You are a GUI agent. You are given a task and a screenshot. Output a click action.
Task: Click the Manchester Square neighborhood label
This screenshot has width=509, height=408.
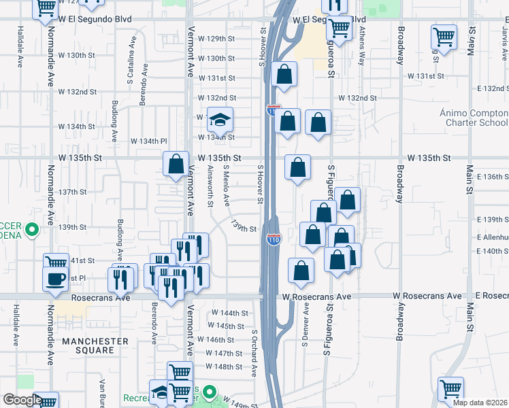[x=95, y=345]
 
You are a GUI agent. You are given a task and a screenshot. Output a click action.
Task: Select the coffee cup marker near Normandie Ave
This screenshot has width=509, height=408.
[x=55, y=277]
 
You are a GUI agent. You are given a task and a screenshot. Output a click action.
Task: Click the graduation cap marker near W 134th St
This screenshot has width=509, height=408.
[x=220, y=120]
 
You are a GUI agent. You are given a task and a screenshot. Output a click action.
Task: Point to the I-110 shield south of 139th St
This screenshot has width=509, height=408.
[x=273, y=239]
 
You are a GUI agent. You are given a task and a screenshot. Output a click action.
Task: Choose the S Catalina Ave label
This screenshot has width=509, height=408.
[x=129, y=65]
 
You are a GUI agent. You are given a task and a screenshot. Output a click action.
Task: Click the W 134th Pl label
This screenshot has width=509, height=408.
[x=149, y=141]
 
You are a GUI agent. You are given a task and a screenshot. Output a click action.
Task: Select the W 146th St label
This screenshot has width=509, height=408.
[x=216, y=339]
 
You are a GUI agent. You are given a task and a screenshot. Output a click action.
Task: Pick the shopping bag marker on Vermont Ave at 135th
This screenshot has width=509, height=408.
[x=176, y=164]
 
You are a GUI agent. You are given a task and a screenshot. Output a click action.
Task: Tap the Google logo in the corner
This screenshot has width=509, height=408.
[x=22, y=400]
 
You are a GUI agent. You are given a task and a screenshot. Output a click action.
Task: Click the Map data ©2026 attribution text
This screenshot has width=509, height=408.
[x=480, y=403]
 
